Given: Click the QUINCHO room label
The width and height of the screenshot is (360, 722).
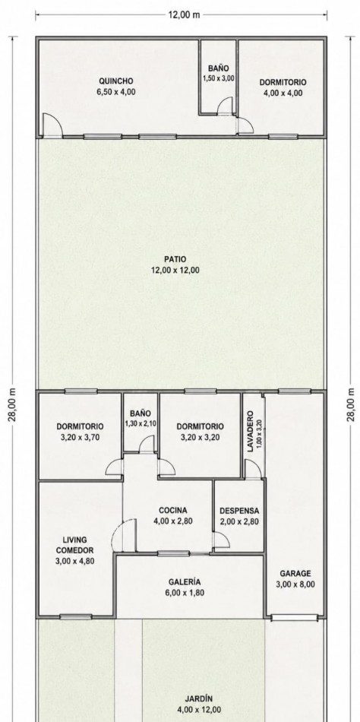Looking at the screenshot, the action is (x=116, y=81).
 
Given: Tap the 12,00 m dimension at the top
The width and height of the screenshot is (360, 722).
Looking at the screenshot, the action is (x=184, y=14).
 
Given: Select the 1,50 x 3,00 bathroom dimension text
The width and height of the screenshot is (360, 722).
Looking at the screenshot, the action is (x=218, y=78).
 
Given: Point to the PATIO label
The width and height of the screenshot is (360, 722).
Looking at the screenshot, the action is (x=175, y=259).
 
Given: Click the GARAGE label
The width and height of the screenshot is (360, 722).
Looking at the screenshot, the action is (x=295, y=574).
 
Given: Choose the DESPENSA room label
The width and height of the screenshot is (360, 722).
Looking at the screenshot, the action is (x=239, y=511).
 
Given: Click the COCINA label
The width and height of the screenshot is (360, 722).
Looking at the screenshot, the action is (x=172, y=511).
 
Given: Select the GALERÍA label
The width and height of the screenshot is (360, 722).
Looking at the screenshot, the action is (x=184, y=582).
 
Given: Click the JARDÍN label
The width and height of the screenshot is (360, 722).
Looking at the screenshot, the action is (x=199, y=699).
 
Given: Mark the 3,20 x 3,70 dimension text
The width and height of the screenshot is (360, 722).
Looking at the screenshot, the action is (x=80, y=438).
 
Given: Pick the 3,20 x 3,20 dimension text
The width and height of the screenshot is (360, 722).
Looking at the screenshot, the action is (x=200, y=438).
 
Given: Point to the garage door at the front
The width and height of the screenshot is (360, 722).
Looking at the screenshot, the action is (x=294, y=617).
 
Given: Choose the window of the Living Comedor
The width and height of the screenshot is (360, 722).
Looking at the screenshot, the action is (x=75, y=616).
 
